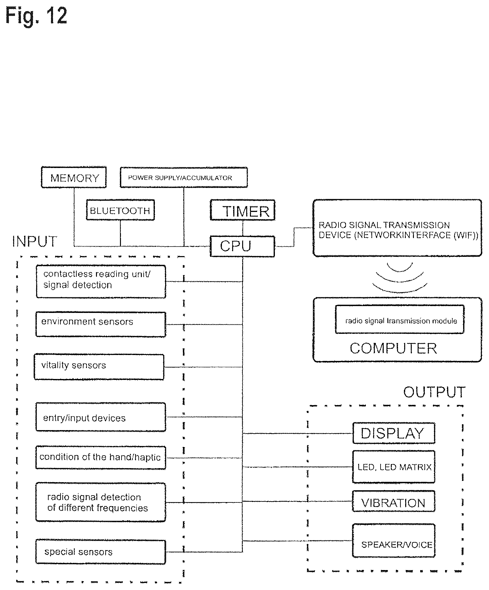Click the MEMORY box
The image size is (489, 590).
click(74, 177)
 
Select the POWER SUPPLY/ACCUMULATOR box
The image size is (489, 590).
click(184, 177)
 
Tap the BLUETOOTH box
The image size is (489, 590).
click(120, 210)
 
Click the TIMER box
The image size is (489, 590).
click(242, 210)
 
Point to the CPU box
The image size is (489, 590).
click(242, 246)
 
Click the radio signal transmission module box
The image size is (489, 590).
click(400, 319)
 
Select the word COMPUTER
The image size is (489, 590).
click(393, 348)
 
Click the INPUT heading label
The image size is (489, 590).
click(35, 242)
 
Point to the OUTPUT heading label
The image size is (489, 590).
click(434, 392)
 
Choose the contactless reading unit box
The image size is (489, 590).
click(101, 281)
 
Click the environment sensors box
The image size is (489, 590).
click(101, 324)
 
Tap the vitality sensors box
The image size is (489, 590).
click(99, 367)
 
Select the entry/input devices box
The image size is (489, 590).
click(101, 417)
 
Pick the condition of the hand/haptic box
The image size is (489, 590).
click(100, 458)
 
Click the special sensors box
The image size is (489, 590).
click(100, 552)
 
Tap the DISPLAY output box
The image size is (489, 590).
click(394, 433)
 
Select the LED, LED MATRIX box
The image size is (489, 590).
click(394, 467)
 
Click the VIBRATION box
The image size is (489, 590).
click(394, 501)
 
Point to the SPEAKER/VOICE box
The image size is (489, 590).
click(394, 541)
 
